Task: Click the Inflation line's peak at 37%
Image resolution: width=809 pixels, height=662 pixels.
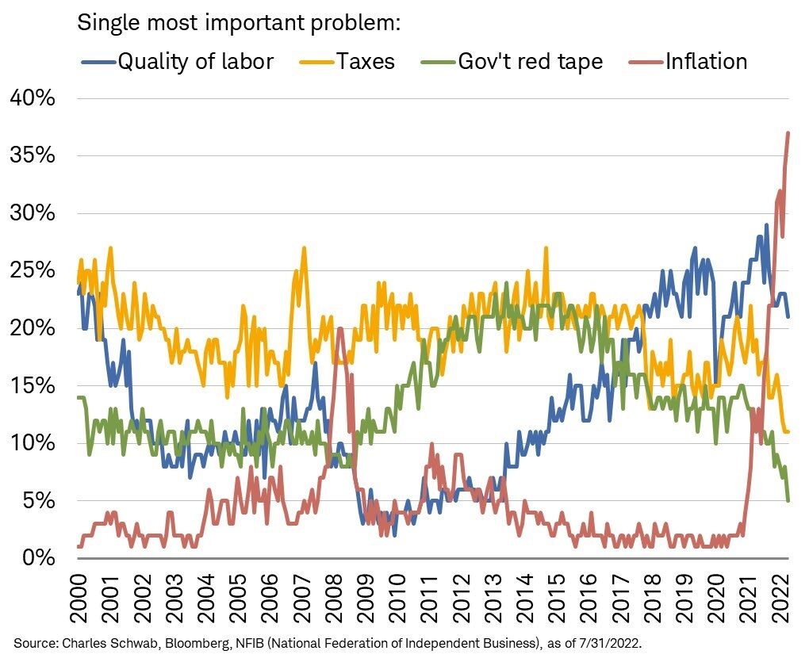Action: point(788,132)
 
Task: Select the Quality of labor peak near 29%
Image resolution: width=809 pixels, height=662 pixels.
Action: point(766,225)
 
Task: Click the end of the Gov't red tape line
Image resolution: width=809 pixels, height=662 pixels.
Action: point(788,500)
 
